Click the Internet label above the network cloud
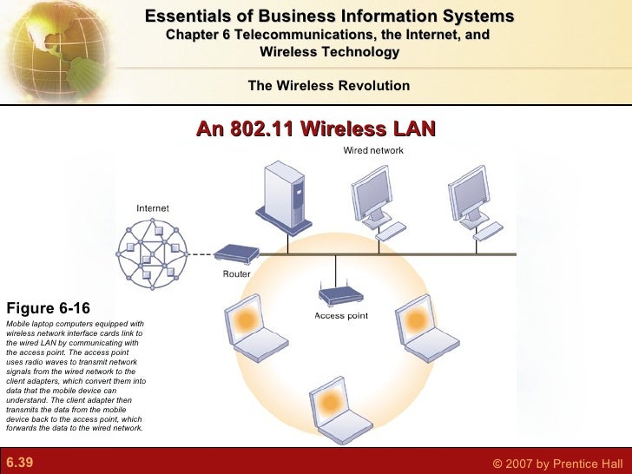coord(153,208)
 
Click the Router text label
coord(236,273)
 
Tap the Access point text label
coord(341,316)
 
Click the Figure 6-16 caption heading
coord(48,308)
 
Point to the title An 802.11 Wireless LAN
coord(315,130)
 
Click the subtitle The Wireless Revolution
coord(328,85)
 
